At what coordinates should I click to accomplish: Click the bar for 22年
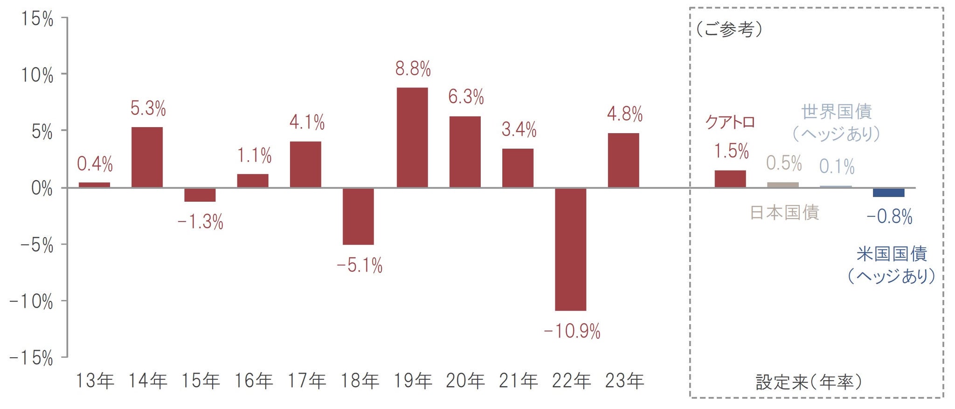(570, 249)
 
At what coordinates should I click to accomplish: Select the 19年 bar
(412, 138)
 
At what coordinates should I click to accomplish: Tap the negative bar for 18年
(358, 216)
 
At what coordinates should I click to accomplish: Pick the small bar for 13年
(94, 185)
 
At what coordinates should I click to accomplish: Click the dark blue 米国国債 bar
(888, 192)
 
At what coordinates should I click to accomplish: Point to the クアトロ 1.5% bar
(730, 179)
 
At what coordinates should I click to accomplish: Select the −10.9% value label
(572, 332)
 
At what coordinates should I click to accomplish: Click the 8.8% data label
(413, 69)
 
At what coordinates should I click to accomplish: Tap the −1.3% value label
(201, 222)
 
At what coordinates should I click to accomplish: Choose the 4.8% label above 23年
(624, 114)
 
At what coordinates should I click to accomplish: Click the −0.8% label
(889, 217)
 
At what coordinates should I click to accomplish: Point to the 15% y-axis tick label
(37, 20)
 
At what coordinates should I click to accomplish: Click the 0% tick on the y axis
(42, 189)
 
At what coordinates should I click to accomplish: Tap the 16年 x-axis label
(253, 381)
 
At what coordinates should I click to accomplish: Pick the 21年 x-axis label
(518, 381)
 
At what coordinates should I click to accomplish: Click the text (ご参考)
(729, 30)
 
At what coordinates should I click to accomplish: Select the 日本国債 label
(784, 212)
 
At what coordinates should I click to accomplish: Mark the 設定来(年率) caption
(809, 382)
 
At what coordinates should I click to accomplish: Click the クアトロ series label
(730, 123)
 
